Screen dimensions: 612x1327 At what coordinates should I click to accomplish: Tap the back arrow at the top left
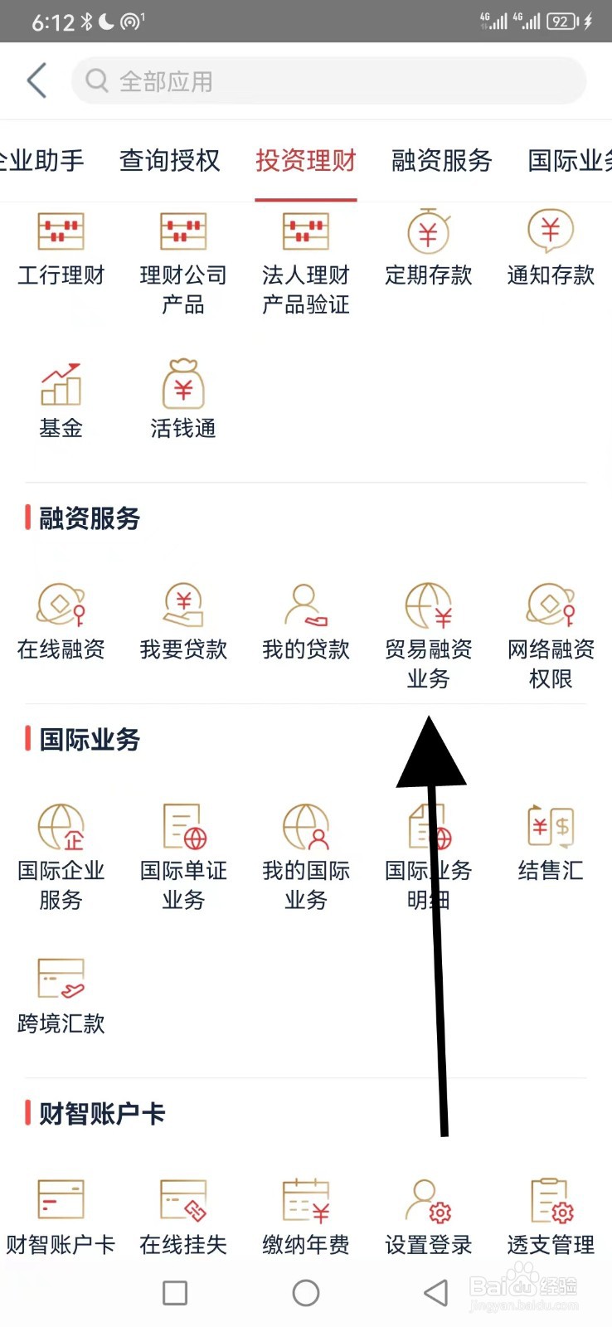pos(37,80)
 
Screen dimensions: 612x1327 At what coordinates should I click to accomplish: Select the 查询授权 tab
pos(169,160)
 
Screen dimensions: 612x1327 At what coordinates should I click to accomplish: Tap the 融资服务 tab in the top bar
pos(441,160)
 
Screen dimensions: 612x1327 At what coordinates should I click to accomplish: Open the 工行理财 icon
pos(61,231)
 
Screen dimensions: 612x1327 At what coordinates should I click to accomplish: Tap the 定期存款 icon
pos(428,231)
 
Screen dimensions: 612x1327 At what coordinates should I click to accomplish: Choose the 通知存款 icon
pos(550,230)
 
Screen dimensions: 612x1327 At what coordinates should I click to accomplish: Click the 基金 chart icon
pos(61,385)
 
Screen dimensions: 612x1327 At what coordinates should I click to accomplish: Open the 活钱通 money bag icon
pos(183,384)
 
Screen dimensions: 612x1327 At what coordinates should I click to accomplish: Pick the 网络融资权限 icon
pos(550,605)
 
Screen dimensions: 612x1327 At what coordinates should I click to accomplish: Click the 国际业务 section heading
pos(90,739)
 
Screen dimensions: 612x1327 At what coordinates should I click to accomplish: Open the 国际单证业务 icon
pos(183,826)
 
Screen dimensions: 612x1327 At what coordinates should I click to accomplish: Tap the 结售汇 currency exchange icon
pos(550,826)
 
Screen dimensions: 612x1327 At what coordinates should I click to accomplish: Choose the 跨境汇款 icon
pos(61,979)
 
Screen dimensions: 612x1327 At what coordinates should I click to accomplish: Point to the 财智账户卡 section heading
pos(101,1113)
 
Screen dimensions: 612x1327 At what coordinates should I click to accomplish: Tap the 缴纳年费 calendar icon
pos(306,1200)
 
